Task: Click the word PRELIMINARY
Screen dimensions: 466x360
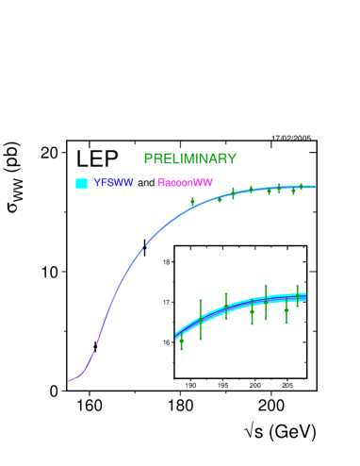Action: (189, 159)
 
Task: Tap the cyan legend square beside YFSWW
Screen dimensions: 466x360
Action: (82, 183)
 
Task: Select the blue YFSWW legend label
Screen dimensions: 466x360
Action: (113, 183)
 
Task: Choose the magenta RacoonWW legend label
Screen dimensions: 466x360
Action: (185, 183)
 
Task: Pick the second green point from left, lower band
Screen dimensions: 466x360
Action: (201, 320)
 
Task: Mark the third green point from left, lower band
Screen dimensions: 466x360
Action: (226, 307)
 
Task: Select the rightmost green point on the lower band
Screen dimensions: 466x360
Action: (298, 295)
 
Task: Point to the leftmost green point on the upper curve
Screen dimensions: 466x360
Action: (192, 200)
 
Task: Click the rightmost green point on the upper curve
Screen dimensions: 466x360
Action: (302, 187)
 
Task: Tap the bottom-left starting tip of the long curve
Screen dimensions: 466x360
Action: (69, 381)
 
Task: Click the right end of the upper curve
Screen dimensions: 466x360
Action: (315, 186)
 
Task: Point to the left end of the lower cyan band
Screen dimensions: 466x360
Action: (176, 336)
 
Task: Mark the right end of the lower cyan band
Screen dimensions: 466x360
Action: (305, 296)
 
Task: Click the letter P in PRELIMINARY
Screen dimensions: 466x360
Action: (148, 159)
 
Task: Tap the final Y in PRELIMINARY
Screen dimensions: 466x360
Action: (232, 159)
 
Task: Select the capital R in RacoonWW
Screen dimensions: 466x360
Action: (161, 183)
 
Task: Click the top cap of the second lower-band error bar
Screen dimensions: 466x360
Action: (201, 300)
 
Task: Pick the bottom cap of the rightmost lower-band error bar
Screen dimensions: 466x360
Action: (298, 307)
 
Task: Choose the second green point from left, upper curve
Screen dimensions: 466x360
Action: (220, 198)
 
